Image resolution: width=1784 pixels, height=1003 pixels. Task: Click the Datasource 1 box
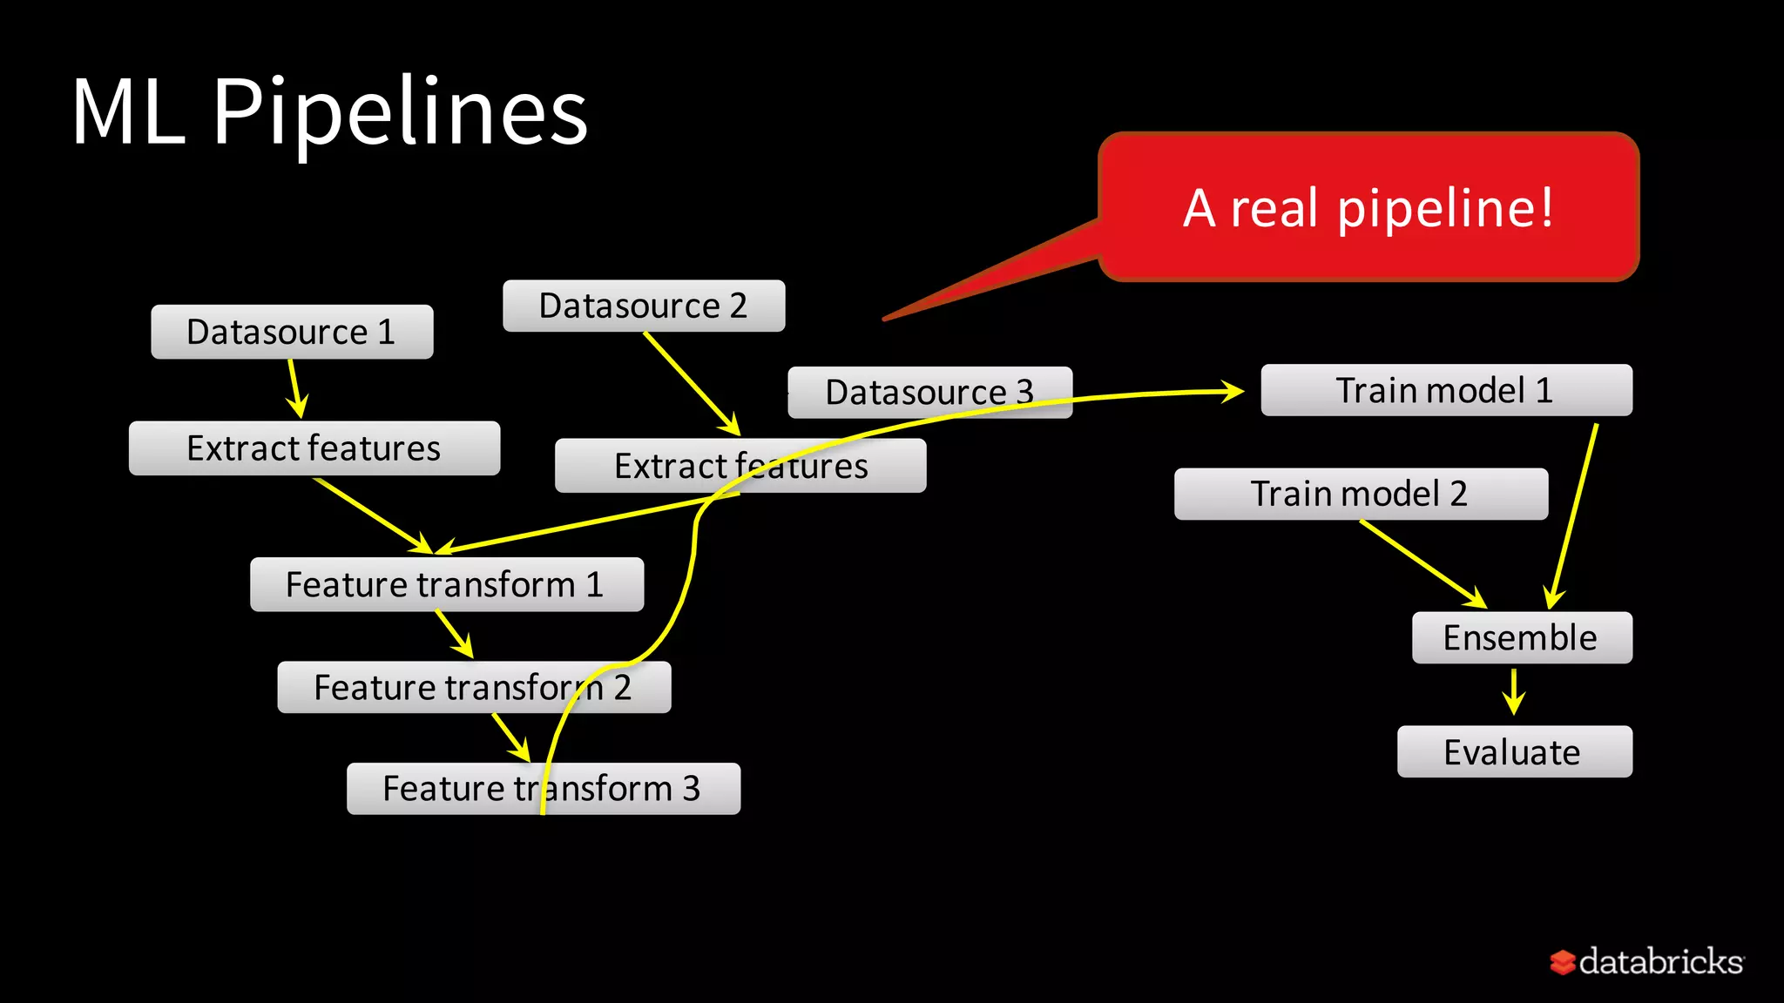pyautogui.click(x=292, y=332)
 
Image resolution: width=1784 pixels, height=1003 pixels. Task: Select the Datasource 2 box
pyautogui.click(x=644, y=306)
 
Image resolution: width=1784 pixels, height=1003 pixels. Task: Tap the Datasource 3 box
pyautogui.click(x=929, y=392)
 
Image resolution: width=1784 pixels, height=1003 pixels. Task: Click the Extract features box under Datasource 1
pyautogui.click(x=314, y=448)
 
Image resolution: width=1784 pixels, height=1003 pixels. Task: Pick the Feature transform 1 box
pyautogui.click(x=446, y=584)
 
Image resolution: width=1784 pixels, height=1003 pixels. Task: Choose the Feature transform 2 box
pyautogui.click(x=473, y=687)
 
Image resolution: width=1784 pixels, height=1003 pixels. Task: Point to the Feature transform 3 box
pyautogui.click(x=543, y=789)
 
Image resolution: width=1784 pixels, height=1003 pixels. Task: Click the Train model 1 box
pyautogui.click(x=1445, y=390)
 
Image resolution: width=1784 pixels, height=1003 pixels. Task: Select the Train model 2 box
pyautogui.click(x=1360, y=494)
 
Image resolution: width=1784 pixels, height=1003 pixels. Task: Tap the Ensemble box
pyautogui.click(x=1521, y=637)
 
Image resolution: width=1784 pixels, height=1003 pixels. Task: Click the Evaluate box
pyautogui.click(x=1514, y=751)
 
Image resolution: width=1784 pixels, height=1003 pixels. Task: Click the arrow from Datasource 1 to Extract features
pyautogui.click(x=296, y=388)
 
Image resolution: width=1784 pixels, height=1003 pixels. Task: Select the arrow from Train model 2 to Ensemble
pyautogui.click(x=1423, y=563)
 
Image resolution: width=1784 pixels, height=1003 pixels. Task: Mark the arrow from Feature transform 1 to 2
pyautogui.click(x=454, y=634)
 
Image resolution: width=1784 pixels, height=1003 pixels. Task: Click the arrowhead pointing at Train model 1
pyautogui.click(x=1232, y=392)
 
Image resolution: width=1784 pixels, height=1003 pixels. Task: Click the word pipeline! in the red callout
pyautogui.click(x=1445, y=208)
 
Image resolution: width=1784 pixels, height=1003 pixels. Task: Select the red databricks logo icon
pyautogui.click(x=1562, y=962)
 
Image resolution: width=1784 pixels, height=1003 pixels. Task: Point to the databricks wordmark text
pyautogui.click(x=1660, y=961)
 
